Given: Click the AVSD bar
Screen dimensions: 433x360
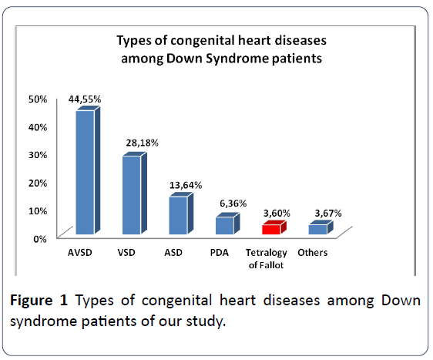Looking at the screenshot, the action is click(88, 170).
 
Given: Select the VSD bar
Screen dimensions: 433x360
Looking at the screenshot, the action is click(135, 193).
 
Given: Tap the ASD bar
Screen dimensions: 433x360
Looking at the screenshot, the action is click(181, 214).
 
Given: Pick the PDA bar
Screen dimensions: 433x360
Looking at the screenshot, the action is click(227, 224).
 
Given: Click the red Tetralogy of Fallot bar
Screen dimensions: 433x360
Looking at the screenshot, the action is click(274, 227).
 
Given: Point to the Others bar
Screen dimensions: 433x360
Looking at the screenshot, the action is click(321, 227).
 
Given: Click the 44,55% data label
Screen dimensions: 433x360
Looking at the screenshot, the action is click(85, 99).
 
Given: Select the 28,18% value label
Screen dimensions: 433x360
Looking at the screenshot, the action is click(143, 143).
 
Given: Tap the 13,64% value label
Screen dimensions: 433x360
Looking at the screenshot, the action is click(186, 185).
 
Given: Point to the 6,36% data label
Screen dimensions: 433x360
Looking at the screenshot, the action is click(233, 204).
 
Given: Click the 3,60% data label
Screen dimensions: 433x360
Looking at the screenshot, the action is click(277, 214).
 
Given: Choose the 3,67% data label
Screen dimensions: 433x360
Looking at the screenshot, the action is click(328, 214).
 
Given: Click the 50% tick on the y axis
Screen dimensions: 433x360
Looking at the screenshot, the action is click(38, 99).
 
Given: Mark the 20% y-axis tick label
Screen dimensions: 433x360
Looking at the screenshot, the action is click(38, 183).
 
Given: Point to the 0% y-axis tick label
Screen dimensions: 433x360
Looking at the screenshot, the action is click(40, 239).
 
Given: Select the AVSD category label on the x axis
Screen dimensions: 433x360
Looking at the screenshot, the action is click(80, 253).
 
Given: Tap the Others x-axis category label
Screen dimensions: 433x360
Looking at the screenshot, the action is click(313, 253).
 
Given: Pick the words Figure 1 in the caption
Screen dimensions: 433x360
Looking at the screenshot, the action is click(39, 300).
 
